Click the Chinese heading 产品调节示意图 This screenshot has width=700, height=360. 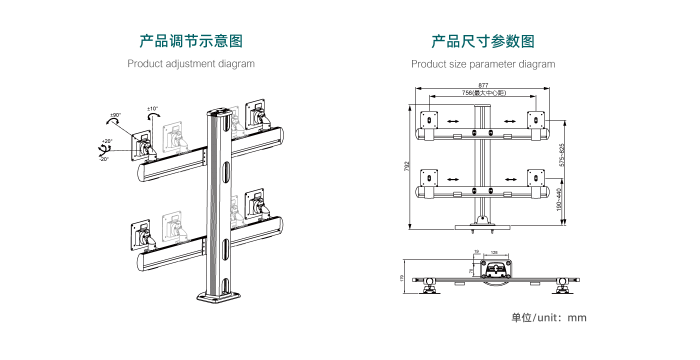[191, 41]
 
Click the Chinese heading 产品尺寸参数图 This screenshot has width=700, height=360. [483, 41]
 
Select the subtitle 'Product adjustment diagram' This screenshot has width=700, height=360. [191, 64]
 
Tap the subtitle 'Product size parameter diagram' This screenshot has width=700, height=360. [483, 64]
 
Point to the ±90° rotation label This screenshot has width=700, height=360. [115, 115]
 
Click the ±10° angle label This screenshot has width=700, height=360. [152, 108]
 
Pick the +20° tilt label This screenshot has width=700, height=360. [107, 141]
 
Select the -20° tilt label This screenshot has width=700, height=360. [103, 159]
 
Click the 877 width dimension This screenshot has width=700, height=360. [483, 85]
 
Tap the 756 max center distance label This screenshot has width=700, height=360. [483, 93]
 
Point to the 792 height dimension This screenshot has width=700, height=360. [406, 166]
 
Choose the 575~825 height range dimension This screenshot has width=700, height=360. [562, 155]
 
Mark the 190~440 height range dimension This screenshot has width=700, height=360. [559, 199]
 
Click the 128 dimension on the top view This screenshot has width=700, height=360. [494, 253]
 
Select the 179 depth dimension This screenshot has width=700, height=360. [402, 278]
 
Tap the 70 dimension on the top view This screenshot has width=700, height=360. [471, 271]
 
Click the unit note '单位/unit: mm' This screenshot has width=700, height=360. [548, 318]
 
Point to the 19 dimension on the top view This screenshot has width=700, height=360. [476, 252]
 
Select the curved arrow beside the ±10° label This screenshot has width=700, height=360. [153, 116]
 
